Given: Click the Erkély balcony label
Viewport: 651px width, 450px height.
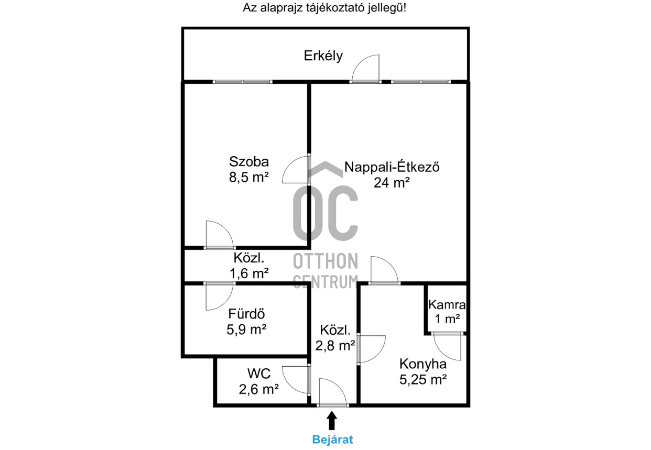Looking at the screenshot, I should point(323,56).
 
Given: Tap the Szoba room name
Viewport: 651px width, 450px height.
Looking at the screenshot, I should point(248,161).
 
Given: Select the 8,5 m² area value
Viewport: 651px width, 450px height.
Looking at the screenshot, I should point(248,177).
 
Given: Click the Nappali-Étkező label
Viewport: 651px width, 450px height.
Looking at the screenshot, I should point(391,168).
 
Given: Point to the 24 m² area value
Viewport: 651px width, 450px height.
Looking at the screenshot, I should point(391,183).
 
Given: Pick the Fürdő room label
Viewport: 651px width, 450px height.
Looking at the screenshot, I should point(246,314).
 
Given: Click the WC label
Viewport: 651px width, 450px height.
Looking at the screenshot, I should point(259,374).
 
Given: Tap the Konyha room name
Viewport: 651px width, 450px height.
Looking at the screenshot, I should point(422,364).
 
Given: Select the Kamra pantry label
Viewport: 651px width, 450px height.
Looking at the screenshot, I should point(447,304).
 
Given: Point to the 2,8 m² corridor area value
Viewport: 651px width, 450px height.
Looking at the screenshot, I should point(335,345).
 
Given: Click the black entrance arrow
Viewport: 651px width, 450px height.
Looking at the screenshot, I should point(332,421).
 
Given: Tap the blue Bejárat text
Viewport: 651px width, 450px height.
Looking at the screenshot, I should point(332,440).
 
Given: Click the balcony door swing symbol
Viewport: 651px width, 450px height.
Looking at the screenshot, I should point(366,70).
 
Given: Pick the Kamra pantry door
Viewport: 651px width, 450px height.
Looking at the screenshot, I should point(447,346).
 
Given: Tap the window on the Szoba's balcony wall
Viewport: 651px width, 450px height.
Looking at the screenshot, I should point(242,82).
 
